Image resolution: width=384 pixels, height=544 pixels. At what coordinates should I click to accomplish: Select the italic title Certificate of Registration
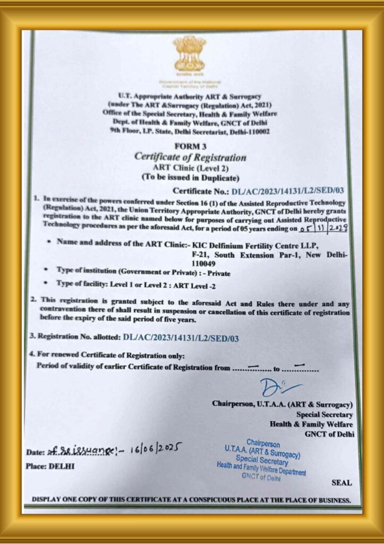[190, 157]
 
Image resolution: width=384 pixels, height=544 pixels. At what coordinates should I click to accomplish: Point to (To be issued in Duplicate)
[190, 177]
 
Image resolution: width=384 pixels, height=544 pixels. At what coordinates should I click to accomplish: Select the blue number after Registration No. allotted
[181, 337]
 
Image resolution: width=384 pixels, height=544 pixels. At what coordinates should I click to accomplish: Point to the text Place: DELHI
[50, 466]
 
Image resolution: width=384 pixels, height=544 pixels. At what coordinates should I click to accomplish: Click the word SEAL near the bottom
[341, 483]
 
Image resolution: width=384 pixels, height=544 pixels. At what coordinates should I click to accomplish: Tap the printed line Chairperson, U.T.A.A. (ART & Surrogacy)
[282, 404]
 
